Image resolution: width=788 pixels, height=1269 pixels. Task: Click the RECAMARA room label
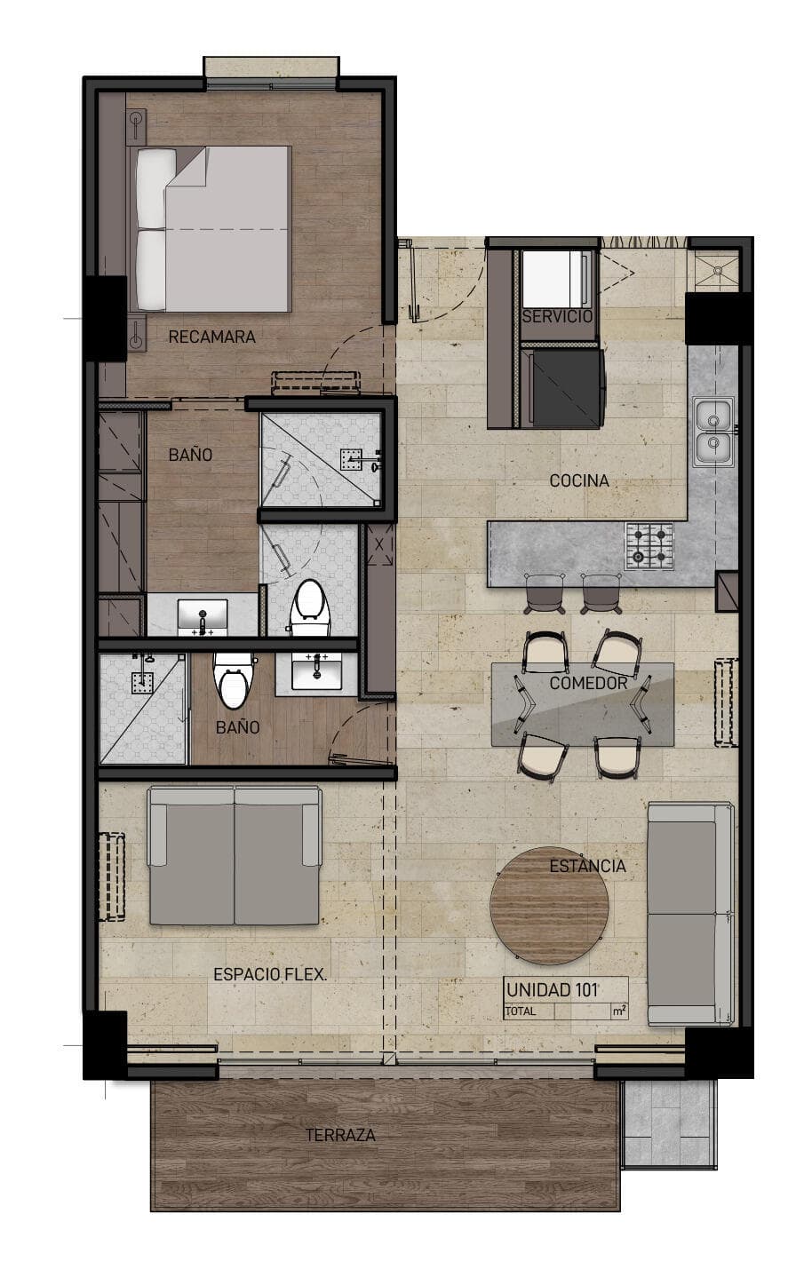click(211, 337)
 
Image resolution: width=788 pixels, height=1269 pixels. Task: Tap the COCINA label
click(579, 481)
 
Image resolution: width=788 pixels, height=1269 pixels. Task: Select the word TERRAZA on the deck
click(341, 1135)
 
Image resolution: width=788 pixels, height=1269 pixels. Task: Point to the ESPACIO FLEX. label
click(270, 975)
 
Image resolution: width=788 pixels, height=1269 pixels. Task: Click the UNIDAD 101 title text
click(553, 990)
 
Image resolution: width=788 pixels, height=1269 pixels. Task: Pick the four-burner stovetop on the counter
click(649, 546)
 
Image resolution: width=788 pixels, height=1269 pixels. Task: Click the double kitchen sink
click(713, 432)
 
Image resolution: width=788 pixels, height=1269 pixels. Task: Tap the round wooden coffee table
click(549, 905)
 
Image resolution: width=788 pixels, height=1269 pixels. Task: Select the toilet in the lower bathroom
click(234, 680)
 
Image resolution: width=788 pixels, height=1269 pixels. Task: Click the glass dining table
click(583, 705)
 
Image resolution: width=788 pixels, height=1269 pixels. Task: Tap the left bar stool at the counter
click(545, 593)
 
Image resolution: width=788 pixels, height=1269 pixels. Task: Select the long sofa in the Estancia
click(690, 914)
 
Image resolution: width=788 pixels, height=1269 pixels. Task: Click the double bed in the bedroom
click(212, 229)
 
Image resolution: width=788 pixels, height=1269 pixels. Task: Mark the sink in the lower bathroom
click(316, 671)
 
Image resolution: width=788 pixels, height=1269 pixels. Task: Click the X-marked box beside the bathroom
click(380, 543)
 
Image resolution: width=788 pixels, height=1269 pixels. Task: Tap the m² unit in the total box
click(619, 1010)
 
